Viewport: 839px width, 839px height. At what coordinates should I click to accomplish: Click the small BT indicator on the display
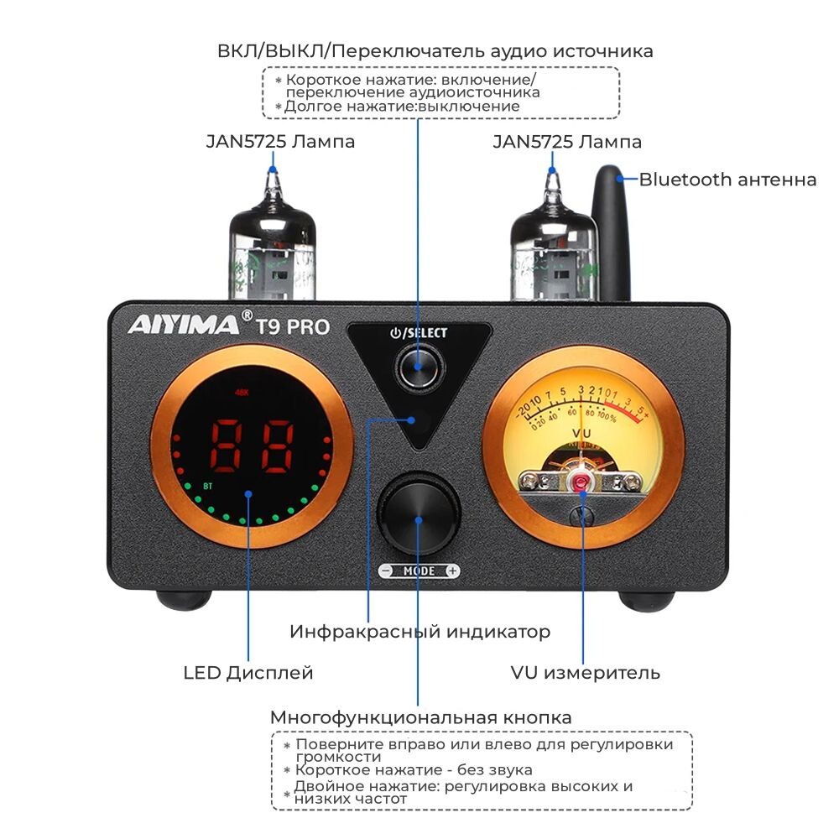(206, 484)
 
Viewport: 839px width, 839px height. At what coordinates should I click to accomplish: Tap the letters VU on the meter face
(581, 434)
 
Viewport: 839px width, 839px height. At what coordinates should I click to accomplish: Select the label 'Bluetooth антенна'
(727, 180)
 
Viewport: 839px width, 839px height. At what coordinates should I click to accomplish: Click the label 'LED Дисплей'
(248, 673)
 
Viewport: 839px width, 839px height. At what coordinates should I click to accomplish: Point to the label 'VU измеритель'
(585, 673)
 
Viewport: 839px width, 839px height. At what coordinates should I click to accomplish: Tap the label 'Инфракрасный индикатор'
(419, 632)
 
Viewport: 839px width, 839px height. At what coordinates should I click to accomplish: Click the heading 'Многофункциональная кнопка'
(420, 718)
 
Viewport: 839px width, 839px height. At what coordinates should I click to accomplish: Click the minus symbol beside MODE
(386, 571)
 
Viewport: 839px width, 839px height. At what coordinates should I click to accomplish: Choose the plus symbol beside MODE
(452, 571)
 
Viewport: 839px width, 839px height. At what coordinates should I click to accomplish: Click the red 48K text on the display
(243, 391)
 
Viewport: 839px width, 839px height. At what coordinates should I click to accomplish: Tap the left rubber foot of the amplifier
(183, 600)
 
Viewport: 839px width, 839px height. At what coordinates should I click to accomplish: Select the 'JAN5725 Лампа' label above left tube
(280, 142)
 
